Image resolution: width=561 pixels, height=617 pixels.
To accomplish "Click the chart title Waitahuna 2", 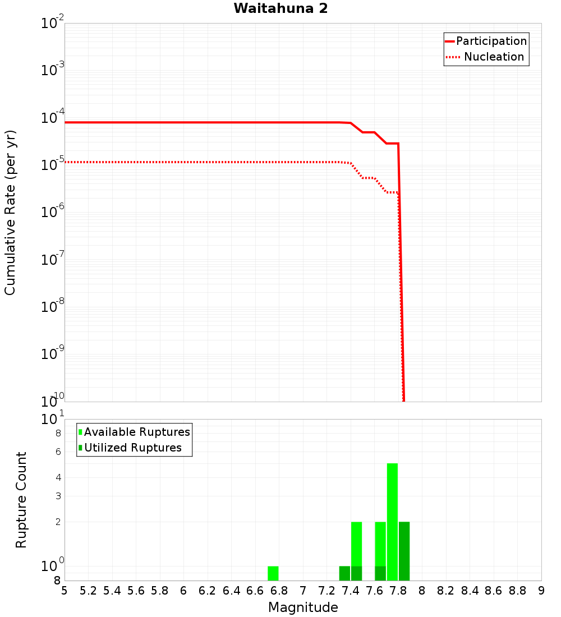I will click(x=280, y=8).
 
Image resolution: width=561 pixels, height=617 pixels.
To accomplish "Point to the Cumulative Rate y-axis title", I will click(x=11, y=212).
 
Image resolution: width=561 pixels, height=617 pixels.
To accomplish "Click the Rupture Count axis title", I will click(x=21, y=499).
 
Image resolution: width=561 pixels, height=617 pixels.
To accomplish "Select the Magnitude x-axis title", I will click(x=303, y=607).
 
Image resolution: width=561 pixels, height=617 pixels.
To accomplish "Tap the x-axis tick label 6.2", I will click(x=208, y=591).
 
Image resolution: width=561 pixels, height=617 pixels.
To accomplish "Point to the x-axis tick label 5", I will click(x=65, y=591).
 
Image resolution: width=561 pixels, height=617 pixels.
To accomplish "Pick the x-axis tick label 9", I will click(x=541, y=591).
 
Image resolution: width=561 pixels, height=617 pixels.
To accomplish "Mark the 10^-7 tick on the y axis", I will click(x=53, y=260).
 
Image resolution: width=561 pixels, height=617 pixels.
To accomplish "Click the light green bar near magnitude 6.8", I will click(x=273, y=573).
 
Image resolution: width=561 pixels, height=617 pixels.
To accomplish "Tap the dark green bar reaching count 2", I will click(x=404, y=551).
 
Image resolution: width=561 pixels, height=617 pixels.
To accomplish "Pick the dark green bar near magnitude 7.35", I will click(x=344, y=573).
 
